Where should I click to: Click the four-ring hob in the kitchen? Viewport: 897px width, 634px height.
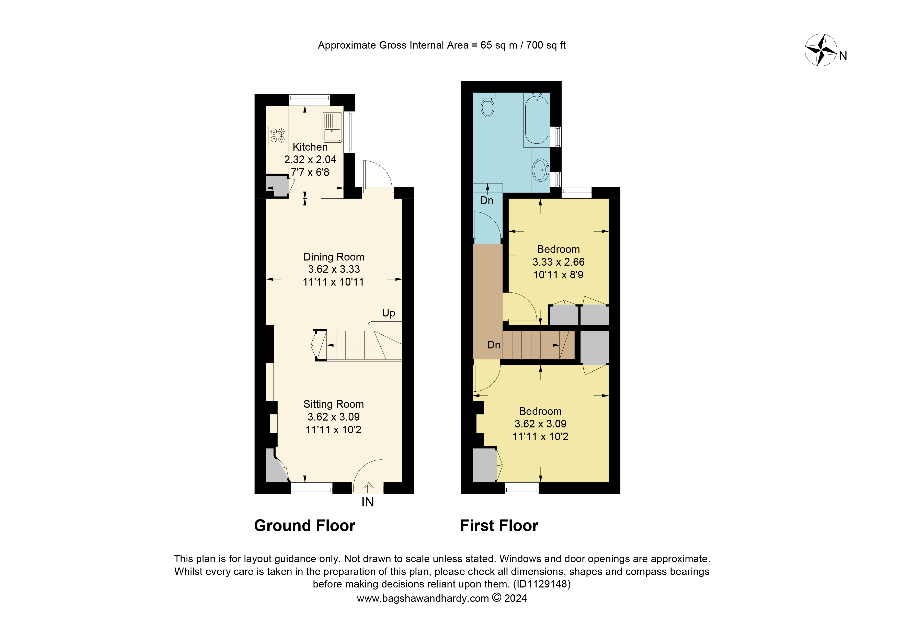(x=278, y=135)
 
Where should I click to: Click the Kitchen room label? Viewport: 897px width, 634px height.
(x=310, y=147)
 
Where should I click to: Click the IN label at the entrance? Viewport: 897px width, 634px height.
(x=367, y=502)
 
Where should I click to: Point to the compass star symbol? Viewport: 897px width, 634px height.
(x=821, y=50)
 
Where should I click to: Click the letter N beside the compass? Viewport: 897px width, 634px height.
(x=843, y=56)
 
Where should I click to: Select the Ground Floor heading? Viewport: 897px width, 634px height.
(x=304, y=526)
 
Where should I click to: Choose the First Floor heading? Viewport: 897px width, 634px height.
(x=499, y=526)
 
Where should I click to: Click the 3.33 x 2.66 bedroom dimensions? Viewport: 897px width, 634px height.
(x=558, y=262)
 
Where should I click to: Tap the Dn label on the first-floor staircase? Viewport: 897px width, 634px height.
(x=494, y=345)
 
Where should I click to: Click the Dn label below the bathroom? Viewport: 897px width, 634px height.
(x=486, y=200)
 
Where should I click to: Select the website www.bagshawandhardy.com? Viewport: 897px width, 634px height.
(x=423, y=598)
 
